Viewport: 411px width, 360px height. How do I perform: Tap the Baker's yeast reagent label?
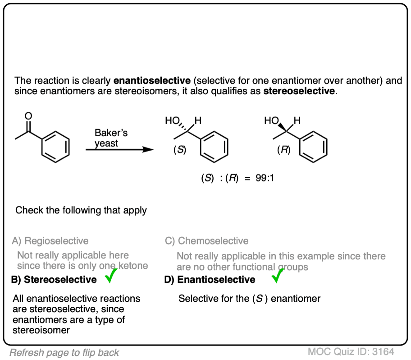tap(111, 138)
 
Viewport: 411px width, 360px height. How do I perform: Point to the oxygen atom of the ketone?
tap(28, 116)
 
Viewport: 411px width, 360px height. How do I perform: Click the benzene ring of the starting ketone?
tap(56, 144)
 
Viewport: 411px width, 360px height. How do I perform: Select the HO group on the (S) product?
tap(172, 121)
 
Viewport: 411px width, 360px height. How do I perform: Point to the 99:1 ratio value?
tap(266, 178)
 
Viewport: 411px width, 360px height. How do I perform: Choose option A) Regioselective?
tap(50, 241)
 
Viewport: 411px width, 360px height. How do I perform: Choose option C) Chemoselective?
tap(207, 241)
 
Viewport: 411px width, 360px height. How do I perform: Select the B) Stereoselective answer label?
tap(54, 280)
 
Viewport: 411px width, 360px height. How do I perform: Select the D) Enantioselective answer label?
tap(210, 280)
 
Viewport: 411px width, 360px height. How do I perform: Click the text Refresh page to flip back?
tap(64, 352)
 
